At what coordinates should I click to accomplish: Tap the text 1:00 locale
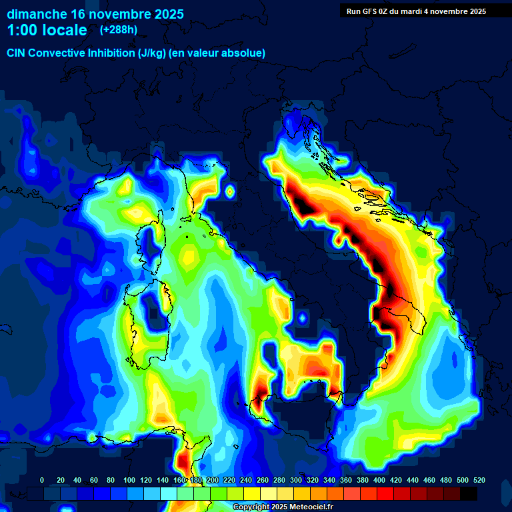tap(47, 30)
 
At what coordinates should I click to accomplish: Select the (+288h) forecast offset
tap(118, 30)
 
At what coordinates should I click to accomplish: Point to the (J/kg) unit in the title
tap(153, 53)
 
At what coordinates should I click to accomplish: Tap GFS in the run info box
tap(371, 11)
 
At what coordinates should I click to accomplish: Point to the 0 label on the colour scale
tap(42, 480)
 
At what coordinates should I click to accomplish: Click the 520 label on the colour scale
tap(479, 480)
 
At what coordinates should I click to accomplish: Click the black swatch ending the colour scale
tap(469, 493)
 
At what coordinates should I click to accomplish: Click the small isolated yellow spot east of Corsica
tap(230, 191)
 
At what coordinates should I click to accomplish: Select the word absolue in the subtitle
tap(244, 53)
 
